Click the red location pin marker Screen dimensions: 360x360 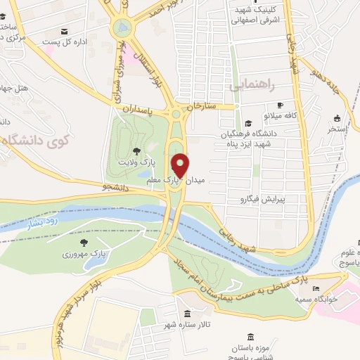[x=181, y=165]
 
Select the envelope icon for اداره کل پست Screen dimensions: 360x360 [x=65, y=31]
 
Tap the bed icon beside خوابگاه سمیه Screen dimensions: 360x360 [x=316, y=288]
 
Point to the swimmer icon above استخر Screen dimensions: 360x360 [x=336, y=117]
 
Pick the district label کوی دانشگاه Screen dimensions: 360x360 [x=33, y=140]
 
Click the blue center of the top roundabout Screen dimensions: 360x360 [x=122, y=28]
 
